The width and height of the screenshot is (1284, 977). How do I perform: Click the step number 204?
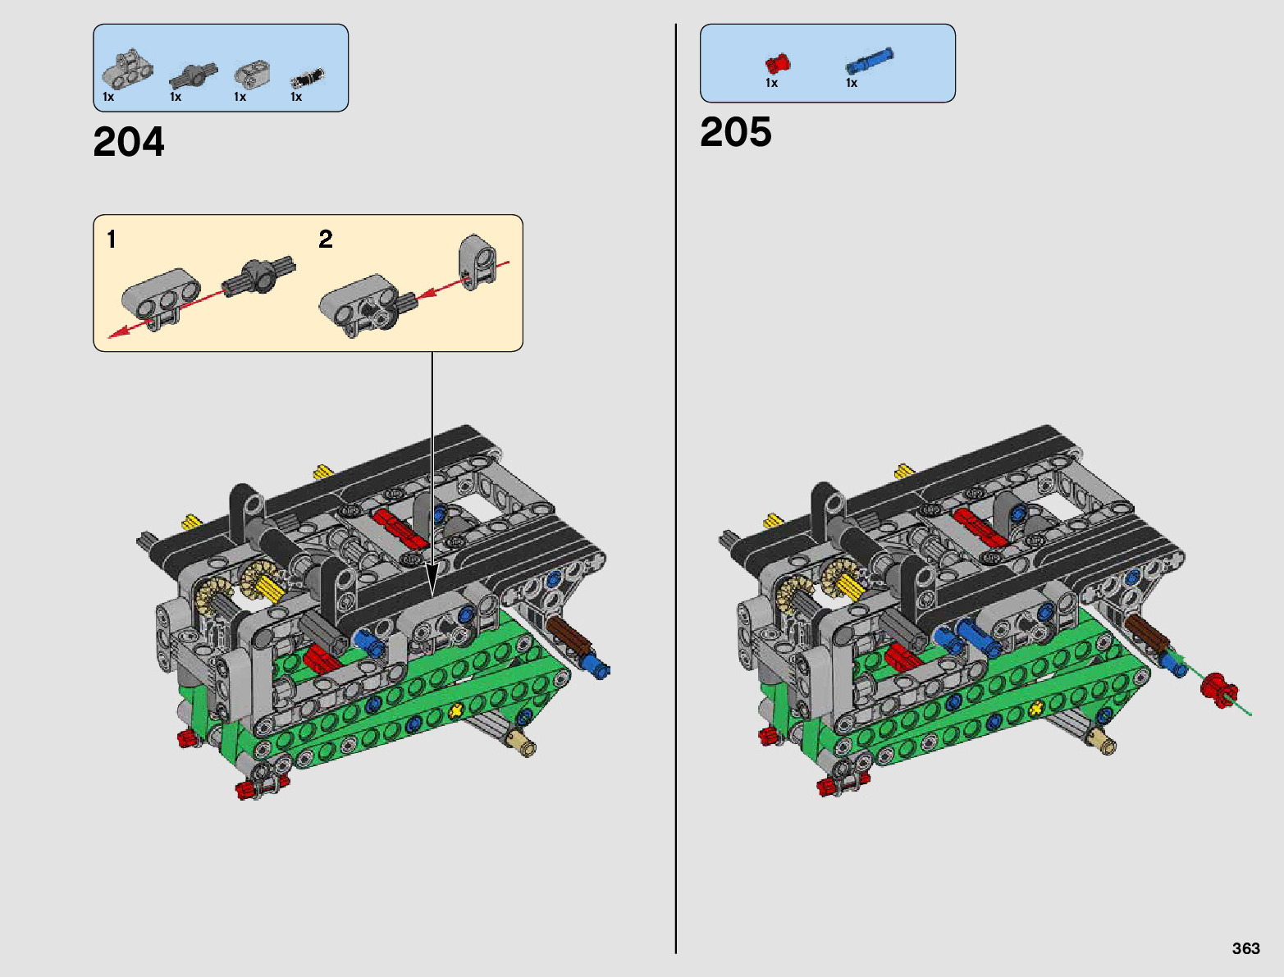[129, 141]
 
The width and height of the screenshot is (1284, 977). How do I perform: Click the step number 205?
[735, 131]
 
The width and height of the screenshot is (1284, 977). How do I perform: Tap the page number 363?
[1245, 947]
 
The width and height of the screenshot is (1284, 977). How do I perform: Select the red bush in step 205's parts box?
[778, 63]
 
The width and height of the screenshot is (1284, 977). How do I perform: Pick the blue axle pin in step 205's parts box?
[869, 60]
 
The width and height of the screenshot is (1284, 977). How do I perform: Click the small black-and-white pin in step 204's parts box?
[308, 78]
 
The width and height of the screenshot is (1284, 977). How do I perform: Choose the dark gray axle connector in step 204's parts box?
[193, 75]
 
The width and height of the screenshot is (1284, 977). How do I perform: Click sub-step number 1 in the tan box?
[112, 240]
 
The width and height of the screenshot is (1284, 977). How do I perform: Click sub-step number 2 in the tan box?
[326, 239]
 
